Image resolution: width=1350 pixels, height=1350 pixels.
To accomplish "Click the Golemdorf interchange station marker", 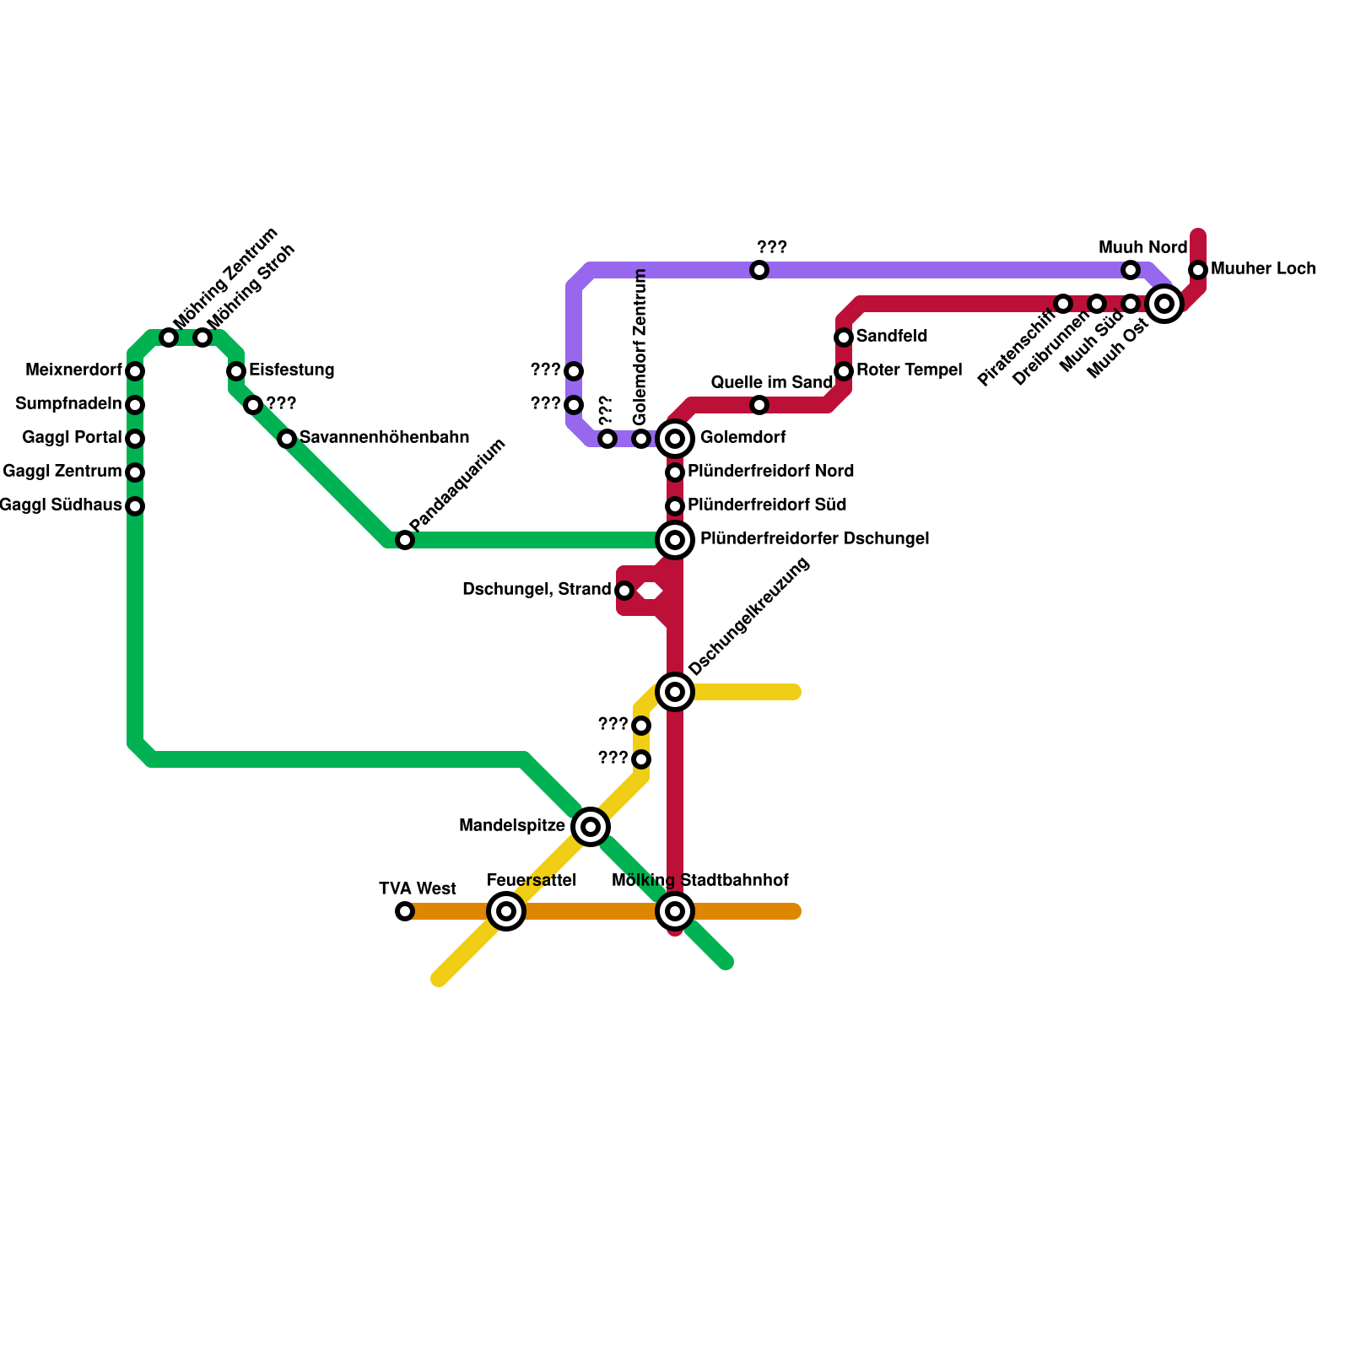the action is point(675,439).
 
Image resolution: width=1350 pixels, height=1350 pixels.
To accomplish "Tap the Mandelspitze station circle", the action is point(591,827).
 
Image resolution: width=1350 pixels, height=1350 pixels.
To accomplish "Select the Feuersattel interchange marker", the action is point(506,911).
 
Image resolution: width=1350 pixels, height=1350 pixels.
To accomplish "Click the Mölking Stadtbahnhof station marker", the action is point(675,911).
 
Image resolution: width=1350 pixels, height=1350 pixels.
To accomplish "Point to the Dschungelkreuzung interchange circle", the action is point(675,692).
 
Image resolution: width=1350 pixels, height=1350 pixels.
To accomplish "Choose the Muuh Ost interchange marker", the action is point(1164,304).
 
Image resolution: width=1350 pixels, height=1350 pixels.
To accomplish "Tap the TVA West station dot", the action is point(405,911).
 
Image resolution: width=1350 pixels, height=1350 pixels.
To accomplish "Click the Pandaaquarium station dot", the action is point(405,540).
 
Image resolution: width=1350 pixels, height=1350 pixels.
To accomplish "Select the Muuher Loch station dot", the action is point(1198,270).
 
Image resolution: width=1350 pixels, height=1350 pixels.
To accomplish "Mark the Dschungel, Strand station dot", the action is point(624,591).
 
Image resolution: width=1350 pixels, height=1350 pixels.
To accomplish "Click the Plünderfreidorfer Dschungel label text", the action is point(814,538).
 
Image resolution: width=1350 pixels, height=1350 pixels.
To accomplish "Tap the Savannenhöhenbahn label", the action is point(384,437).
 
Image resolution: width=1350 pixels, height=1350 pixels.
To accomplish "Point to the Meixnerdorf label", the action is point(73,370).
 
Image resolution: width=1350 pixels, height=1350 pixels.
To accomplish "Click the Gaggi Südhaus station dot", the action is point(135,506).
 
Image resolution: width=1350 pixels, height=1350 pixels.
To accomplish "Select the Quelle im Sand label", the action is point(771,382).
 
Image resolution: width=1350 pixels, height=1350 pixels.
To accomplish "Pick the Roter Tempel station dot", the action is point(844,371).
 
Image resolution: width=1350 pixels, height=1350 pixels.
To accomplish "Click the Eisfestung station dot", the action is point(236,371).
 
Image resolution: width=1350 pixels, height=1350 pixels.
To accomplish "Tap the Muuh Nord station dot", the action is point(1131,270).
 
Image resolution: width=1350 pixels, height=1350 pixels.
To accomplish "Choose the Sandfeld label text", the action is point(892,336).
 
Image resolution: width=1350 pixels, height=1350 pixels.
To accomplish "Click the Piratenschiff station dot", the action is point(1063,304).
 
